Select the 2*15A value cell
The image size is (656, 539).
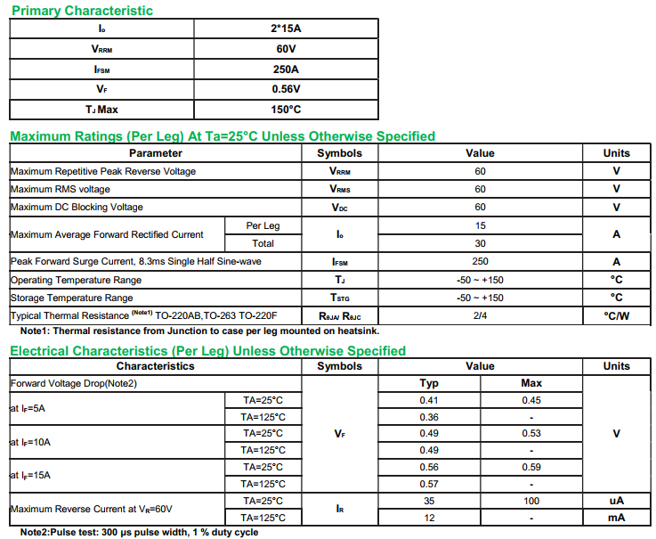(x=286, y=29)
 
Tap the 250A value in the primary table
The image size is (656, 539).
(x=286, y=69)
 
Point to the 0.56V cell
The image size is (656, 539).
(x=286, y=90)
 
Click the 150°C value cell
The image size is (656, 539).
(x=286, y=110)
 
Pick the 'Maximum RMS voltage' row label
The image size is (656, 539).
(x=61, y=189)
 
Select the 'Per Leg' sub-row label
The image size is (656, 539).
(x=263, y=225)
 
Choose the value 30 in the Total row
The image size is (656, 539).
(x=480, y=243)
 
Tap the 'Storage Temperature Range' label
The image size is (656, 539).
(x=71, y=298)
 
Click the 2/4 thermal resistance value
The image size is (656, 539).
(x=480, y=316)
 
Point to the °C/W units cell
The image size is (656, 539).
(x=616, y=316)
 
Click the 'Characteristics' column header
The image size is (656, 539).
(x=155, y=366)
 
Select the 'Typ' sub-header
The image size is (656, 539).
(x=429, y=383)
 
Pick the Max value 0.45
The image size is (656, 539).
(x=531, y=400)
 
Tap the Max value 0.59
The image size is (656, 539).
(x=531, y=467)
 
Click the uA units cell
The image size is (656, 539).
(x=616, y=501)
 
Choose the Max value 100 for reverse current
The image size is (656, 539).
(x=531, y=501)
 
